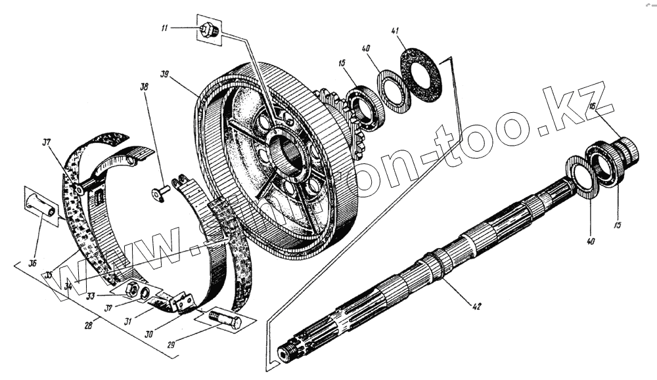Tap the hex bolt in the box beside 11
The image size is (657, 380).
(x=210, y=30)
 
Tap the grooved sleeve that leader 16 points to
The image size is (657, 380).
(x=627, y=150)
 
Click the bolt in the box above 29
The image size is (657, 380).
(x=223, y=321)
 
